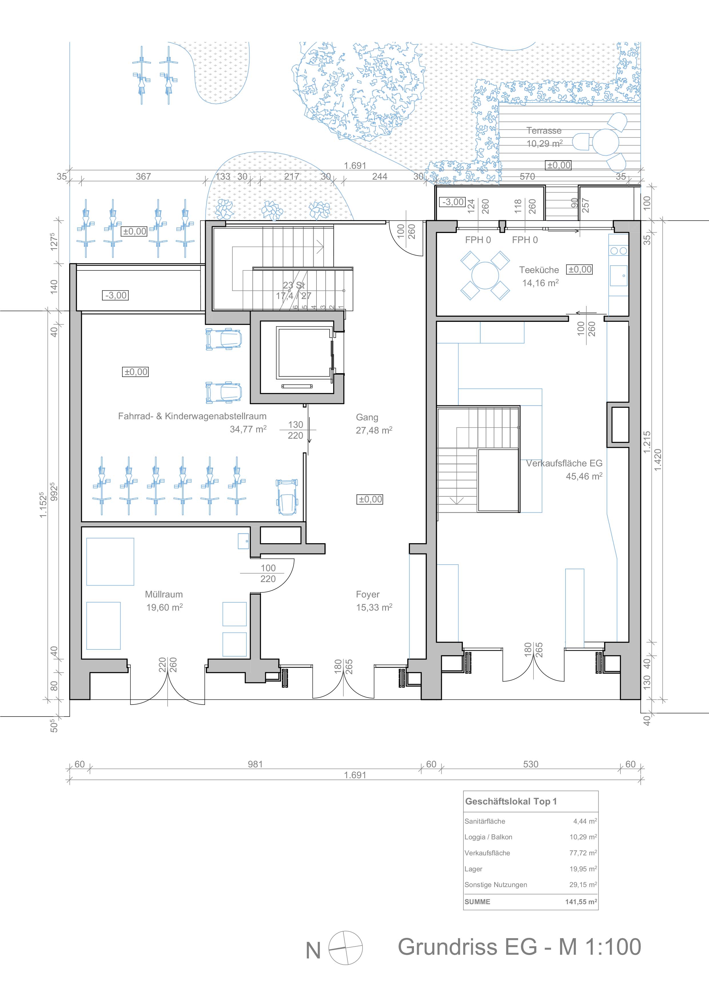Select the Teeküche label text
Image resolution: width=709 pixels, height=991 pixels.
(x=539, y=270)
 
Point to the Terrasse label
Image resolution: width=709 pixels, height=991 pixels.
(x=544, y=131)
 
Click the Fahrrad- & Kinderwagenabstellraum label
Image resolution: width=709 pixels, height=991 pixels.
(x=192, y=416)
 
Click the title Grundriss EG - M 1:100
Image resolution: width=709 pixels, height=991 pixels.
(x=519, y=946)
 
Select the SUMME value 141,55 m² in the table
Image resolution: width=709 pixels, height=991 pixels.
(x=581, y=902)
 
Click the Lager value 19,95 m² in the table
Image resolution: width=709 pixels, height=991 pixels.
(x=583, y=869)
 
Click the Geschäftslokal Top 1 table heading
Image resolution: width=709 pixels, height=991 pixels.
(x=511, y=801)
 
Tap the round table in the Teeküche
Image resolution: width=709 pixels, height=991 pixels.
(x=485, y=275)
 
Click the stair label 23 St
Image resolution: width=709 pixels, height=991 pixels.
(x=294, y=285)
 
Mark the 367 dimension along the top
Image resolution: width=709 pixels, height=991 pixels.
(x=143, y=176)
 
